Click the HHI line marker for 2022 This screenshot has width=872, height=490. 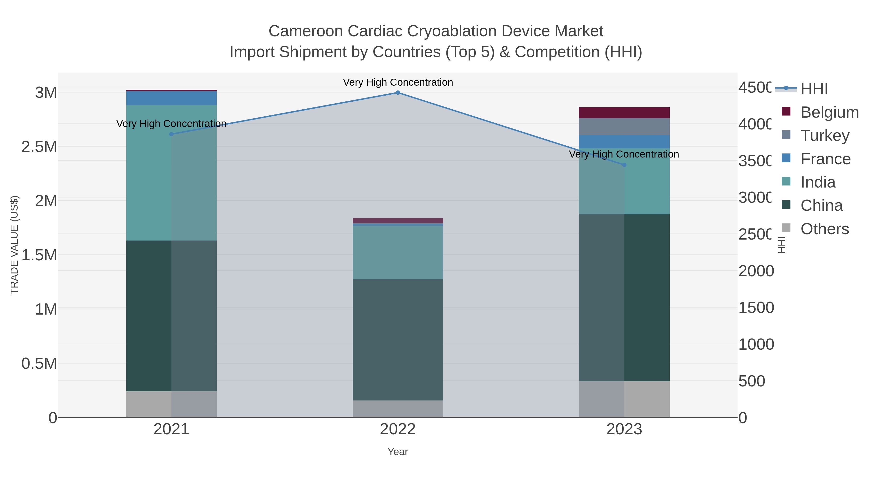point(398,93)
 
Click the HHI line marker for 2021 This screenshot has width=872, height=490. point(171,134)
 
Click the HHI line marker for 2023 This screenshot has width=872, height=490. point(624,165)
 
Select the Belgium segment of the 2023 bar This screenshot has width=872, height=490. point(624,113)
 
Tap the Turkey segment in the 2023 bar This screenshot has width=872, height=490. point(624,127)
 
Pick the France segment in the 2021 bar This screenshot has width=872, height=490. point(171,98)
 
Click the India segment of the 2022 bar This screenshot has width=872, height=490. point(398,252)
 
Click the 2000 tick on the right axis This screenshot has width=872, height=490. point(755,271)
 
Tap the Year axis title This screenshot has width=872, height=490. point(398,452)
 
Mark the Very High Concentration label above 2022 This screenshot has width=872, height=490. point(398,82)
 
